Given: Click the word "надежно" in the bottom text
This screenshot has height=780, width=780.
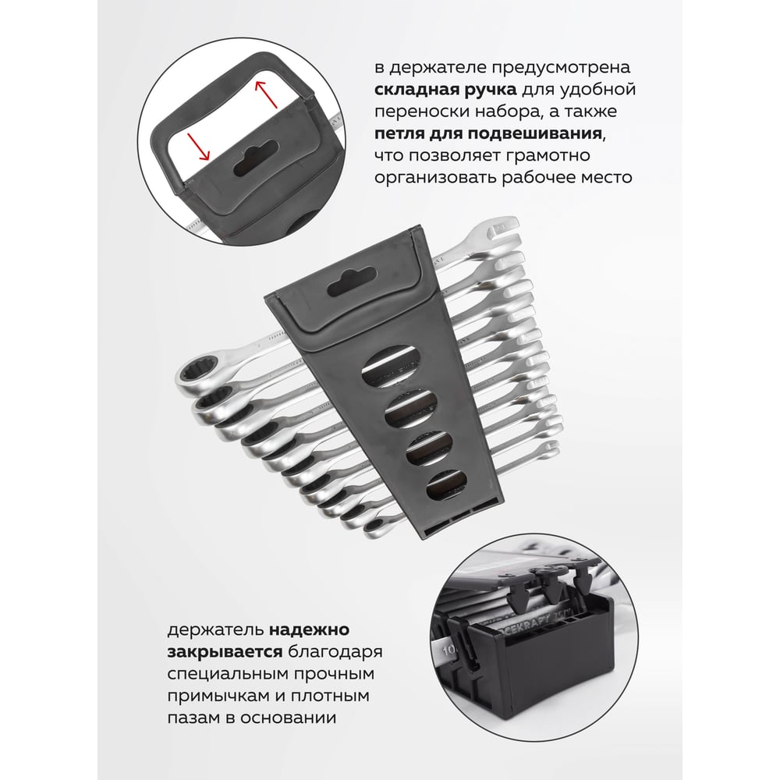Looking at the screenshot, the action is [309, 630].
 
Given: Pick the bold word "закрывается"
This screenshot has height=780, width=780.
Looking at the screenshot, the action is [225, 652].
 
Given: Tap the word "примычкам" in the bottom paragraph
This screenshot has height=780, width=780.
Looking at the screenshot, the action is [216, 696].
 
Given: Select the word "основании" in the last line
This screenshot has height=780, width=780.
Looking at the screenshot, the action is [289, 718].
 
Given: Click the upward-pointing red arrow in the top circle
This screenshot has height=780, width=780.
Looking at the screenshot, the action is [266, 94].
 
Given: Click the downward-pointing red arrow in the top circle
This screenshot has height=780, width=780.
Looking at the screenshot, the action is [198, 147].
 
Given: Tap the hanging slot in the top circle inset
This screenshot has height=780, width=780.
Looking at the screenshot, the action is [256, 158].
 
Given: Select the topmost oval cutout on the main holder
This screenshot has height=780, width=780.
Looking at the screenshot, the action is [391, 367].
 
